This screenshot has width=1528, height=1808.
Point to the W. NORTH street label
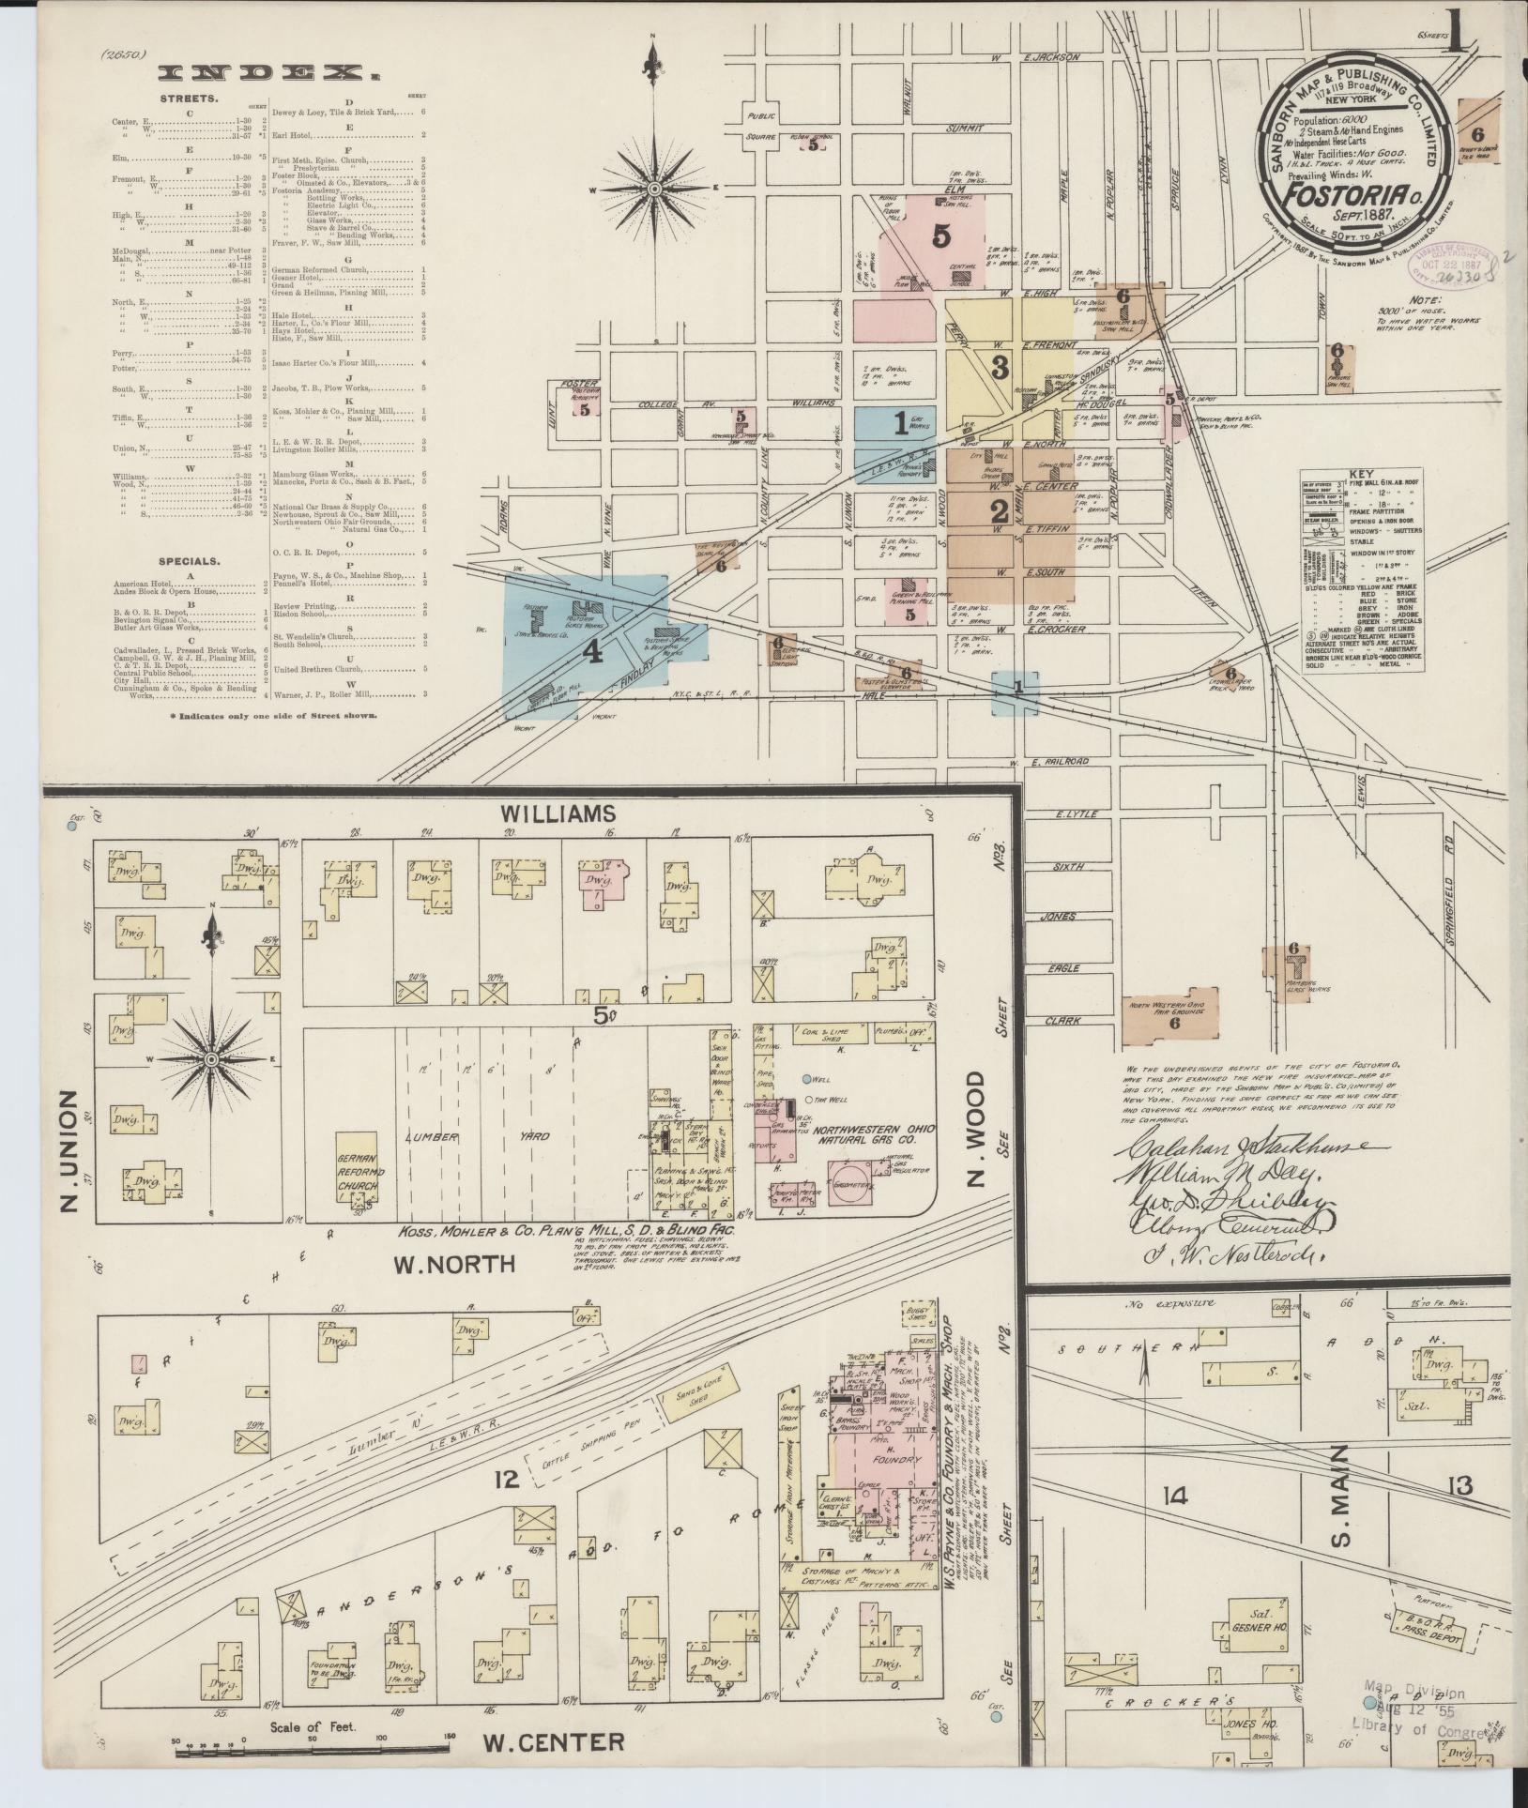pyautogui.click(x=455, y=1264)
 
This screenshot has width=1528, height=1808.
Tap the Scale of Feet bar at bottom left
pyautogui.click(x=314, y=1746)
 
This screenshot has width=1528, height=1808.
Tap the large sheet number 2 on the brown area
pyautogui.click(x=997, y=511)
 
